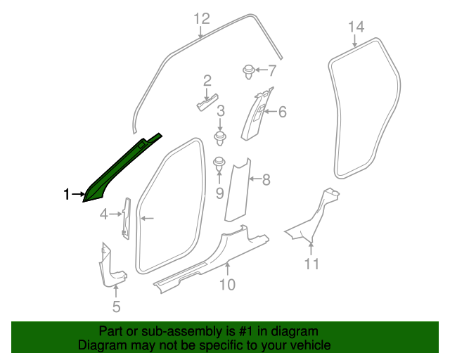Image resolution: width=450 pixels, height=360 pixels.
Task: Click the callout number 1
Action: click(x=67, y=195)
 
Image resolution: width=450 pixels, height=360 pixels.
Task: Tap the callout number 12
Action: click(x=202, y=18)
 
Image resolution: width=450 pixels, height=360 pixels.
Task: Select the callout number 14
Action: click(x=356, y=27)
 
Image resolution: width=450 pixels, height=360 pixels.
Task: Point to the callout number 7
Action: click(x=272, y=70)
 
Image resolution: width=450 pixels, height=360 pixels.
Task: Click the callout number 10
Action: click(x=227, y=284)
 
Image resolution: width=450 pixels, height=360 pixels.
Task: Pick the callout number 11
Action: click(x=312, y=264)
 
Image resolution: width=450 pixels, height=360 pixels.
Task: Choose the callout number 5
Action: click(x=117, y=306)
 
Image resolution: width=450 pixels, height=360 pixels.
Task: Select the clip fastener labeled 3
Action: click(x=221, y=136)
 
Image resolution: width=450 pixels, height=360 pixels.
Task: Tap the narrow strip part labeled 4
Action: click(x=126, y=218)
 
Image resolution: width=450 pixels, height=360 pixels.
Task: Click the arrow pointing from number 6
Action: click(x=270, y=112)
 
